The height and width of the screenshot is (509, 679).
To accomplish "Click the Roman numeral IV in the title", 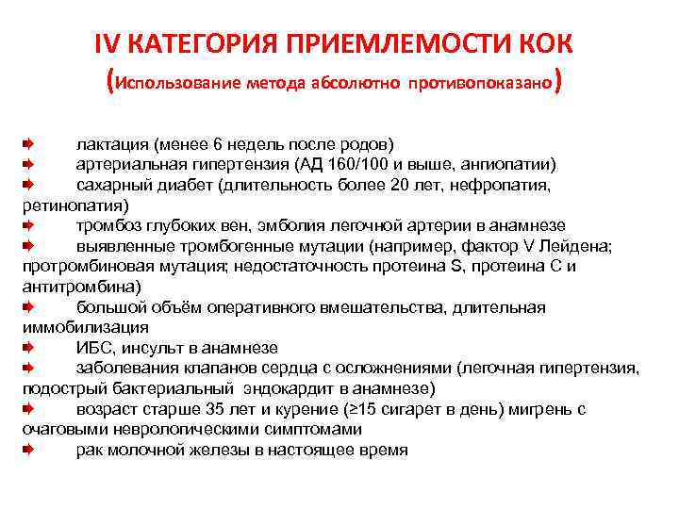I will tap(108, 44).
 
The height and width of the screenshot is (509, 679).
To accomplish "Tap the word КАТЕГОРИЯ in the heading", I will tap(195, 44).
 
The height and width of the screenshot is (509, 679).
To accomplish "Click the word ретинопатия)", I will tap(66, 205).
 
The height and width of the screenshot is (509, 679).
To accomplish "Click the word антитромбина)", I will tap(80, 287).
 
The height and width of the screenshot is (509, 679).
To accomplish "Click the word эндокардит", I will tap(306, 388).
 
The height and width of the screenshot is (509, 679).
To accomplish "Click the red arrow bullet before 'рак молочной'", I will tap(29, 450).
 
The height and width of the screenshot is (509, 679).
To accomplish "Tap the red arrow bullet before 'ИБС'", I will tap(29, 348).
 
